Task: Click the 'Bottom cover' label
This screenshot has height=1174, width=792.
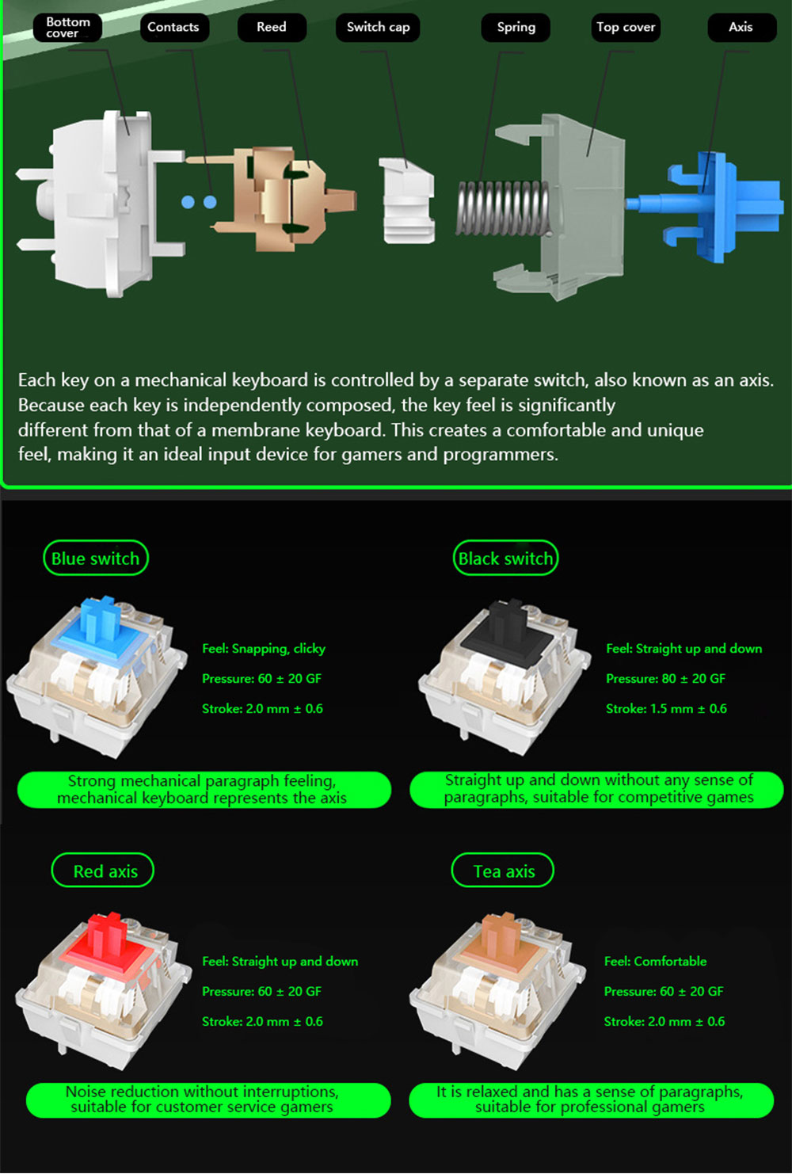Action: (67, 27)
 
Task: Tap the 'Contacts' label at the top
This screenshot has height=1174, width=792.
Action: (174, 27)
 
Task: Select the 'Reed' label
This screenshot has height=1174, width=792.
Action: (272, 27)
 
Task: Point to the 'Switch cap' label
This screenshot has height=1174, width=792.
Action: (378, 27)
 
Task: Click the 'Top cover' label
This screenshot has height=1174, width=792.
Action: (626, 27)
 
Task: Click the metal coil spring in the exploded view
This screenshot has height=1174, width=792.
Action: (503, 208)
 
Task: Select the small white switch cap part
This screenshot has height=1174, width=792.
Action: (407, 200)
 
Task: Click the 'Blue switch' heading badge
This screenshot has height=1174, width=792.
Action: (96, 558)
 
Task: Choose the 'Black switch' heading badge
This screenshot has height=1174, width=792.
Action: (506, 558)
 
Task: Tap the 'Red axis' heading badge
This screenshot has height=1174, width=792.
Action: (103, 871)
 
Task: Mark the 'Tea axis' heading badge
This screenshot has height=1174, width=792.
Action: (503, 871)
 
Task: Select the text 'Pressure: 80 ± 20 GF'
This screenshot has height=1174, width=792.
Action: (666, 679)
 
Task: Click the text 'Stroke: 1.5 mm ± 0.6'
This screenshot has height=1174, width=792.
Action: (666, 708)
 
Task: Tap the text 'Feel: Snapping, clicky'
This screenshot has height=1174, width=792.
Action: (264, 649)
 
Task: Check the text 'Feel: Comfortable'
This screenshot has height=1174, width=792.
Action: (655, 961)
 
